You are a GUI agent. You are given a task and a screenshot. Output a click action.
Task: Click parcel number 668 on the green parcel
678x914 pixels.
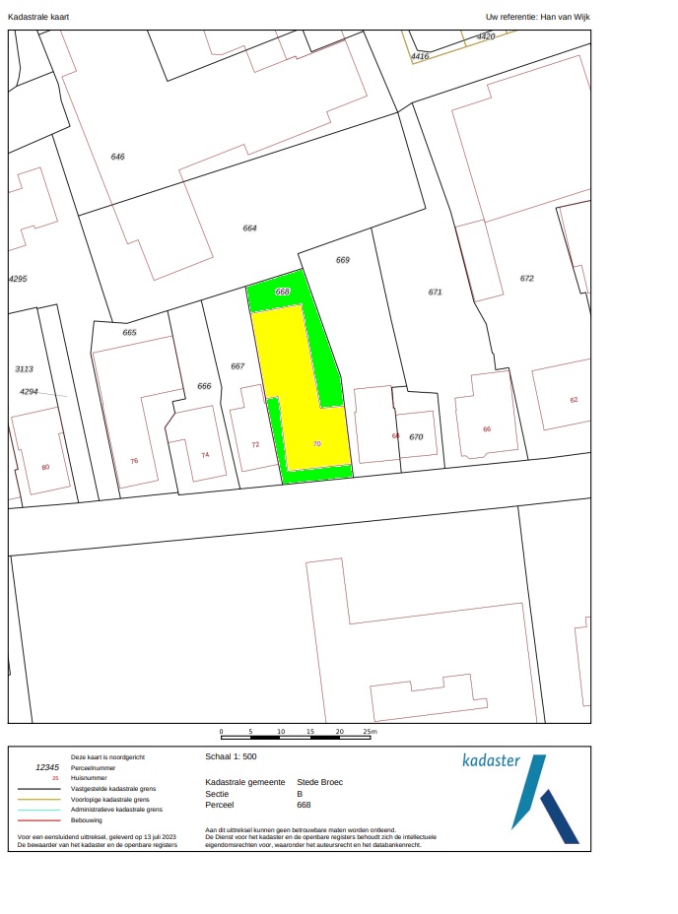pos(283,293)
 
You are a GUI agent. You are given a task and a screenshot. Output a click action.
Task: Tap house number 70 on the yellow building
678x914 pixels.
pos(317,444)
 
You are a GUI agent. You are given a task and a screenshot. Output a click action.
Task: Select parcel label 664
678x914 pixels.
pos(249,228)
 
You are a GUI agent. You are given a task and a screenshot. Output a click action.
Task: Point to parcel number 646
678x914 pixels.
pos(118,157)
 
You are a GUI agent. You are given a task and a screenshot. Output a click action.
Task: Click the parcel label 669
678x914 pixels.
pos(343,260)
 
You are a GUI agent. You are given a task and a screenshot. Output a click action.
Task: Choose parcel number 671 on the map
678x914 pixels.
pos(436,292)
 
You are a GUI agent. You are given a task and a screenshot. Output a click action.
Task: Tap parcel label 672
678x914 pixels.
pos(527,278)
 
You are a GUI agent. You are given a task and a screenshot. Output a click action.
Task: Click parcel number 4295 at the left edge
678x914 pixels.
pos(18,279)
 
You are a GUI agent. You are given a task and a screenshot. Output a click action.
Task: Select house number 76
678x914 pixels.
pos(134,461)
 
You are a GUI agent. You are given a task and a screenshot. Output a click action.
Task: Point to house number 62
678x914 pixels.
pos(574,400)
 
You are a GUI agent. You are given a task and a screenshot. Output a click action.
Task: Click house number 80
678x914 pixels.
pos(45,467)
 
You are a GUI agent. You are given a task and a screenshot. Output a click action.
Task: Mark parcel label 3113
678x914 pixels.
pos(24,368)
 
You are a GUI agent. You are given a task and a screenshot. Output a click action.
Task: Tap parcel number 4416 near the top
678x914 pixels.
pos(420,56)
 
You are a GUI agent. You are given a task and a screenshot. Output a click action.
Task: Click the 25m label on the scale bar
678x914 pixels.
pos(370,733)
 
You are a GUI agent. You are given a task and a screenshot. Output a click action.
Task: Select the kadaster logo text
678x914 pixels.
pos(491,760)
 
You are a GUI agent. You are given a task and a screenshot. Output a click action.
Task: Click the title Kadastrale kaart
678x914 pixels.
pos(38,17)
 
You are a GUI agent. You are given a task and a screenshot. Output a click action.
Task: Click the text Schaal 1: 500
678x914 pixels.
pos(231,757)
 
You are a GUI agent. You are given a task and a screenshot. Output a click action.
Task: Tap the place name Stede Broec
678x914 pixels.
pos(319,782)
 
